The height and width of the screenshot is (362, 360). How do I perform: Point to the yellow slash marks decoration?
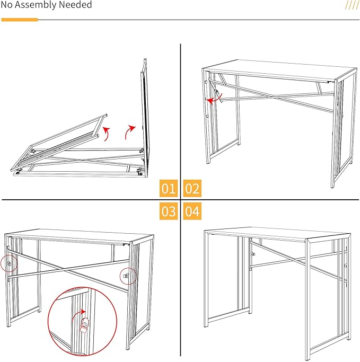[x=352, y=5]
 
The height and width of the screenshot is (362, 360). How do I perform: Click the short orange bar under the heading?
[x=20, y=20]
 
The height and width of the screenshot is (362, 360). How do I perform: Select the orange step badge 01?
[x=169, y=188]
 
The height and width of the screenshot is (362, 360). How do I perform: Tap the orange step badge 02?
[x=192, y=188]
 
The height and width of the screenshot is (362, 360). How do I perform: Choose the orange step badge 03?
[x=169, y=211]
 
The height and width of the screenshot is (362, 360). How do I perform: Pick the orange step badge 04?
[x=192, y=211]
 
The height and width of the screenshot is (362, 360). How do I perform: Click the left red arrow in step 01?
[x=108, y=132]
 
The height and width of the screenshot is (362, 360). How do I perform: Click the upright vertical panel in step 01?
[x=143, y=117]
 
